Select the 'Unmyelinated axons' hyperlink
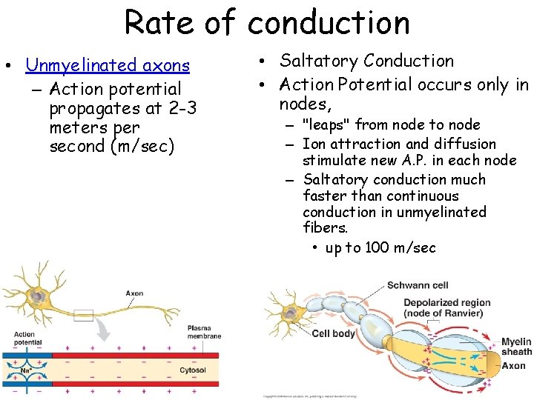click(108, 66)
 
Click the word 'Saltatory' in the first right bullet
click(320, 61)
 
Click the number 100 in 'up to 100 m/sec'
click(378, 248)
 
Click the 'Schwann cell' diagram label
click(417, 286)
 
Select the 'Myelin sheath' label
click(515, 347)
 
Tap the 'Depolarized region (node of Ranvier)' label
click(446, 307)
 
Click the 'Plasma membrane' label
click(204, 332)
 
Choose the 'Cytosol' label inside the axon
click(192, 370)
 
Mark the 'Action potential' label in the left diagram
click(24, 339)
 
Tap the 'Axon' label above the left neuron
click(134, 293)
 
